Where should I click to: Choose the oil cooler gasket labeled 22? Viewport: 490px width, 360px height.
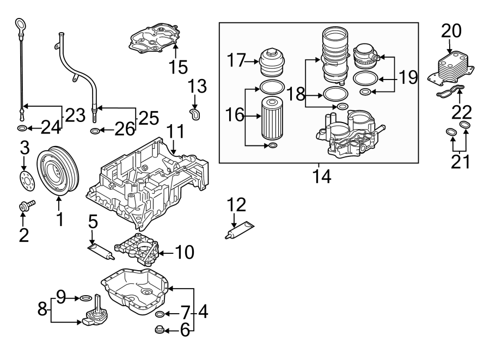[451, 91]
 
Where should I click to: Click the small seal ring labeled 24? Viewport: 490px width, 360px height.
[21, 129]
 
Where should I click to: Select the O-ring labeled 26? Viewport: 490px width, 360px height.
[95, 131]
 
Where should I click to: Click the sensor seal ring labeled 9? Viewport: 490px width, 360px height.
[85, 298]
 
